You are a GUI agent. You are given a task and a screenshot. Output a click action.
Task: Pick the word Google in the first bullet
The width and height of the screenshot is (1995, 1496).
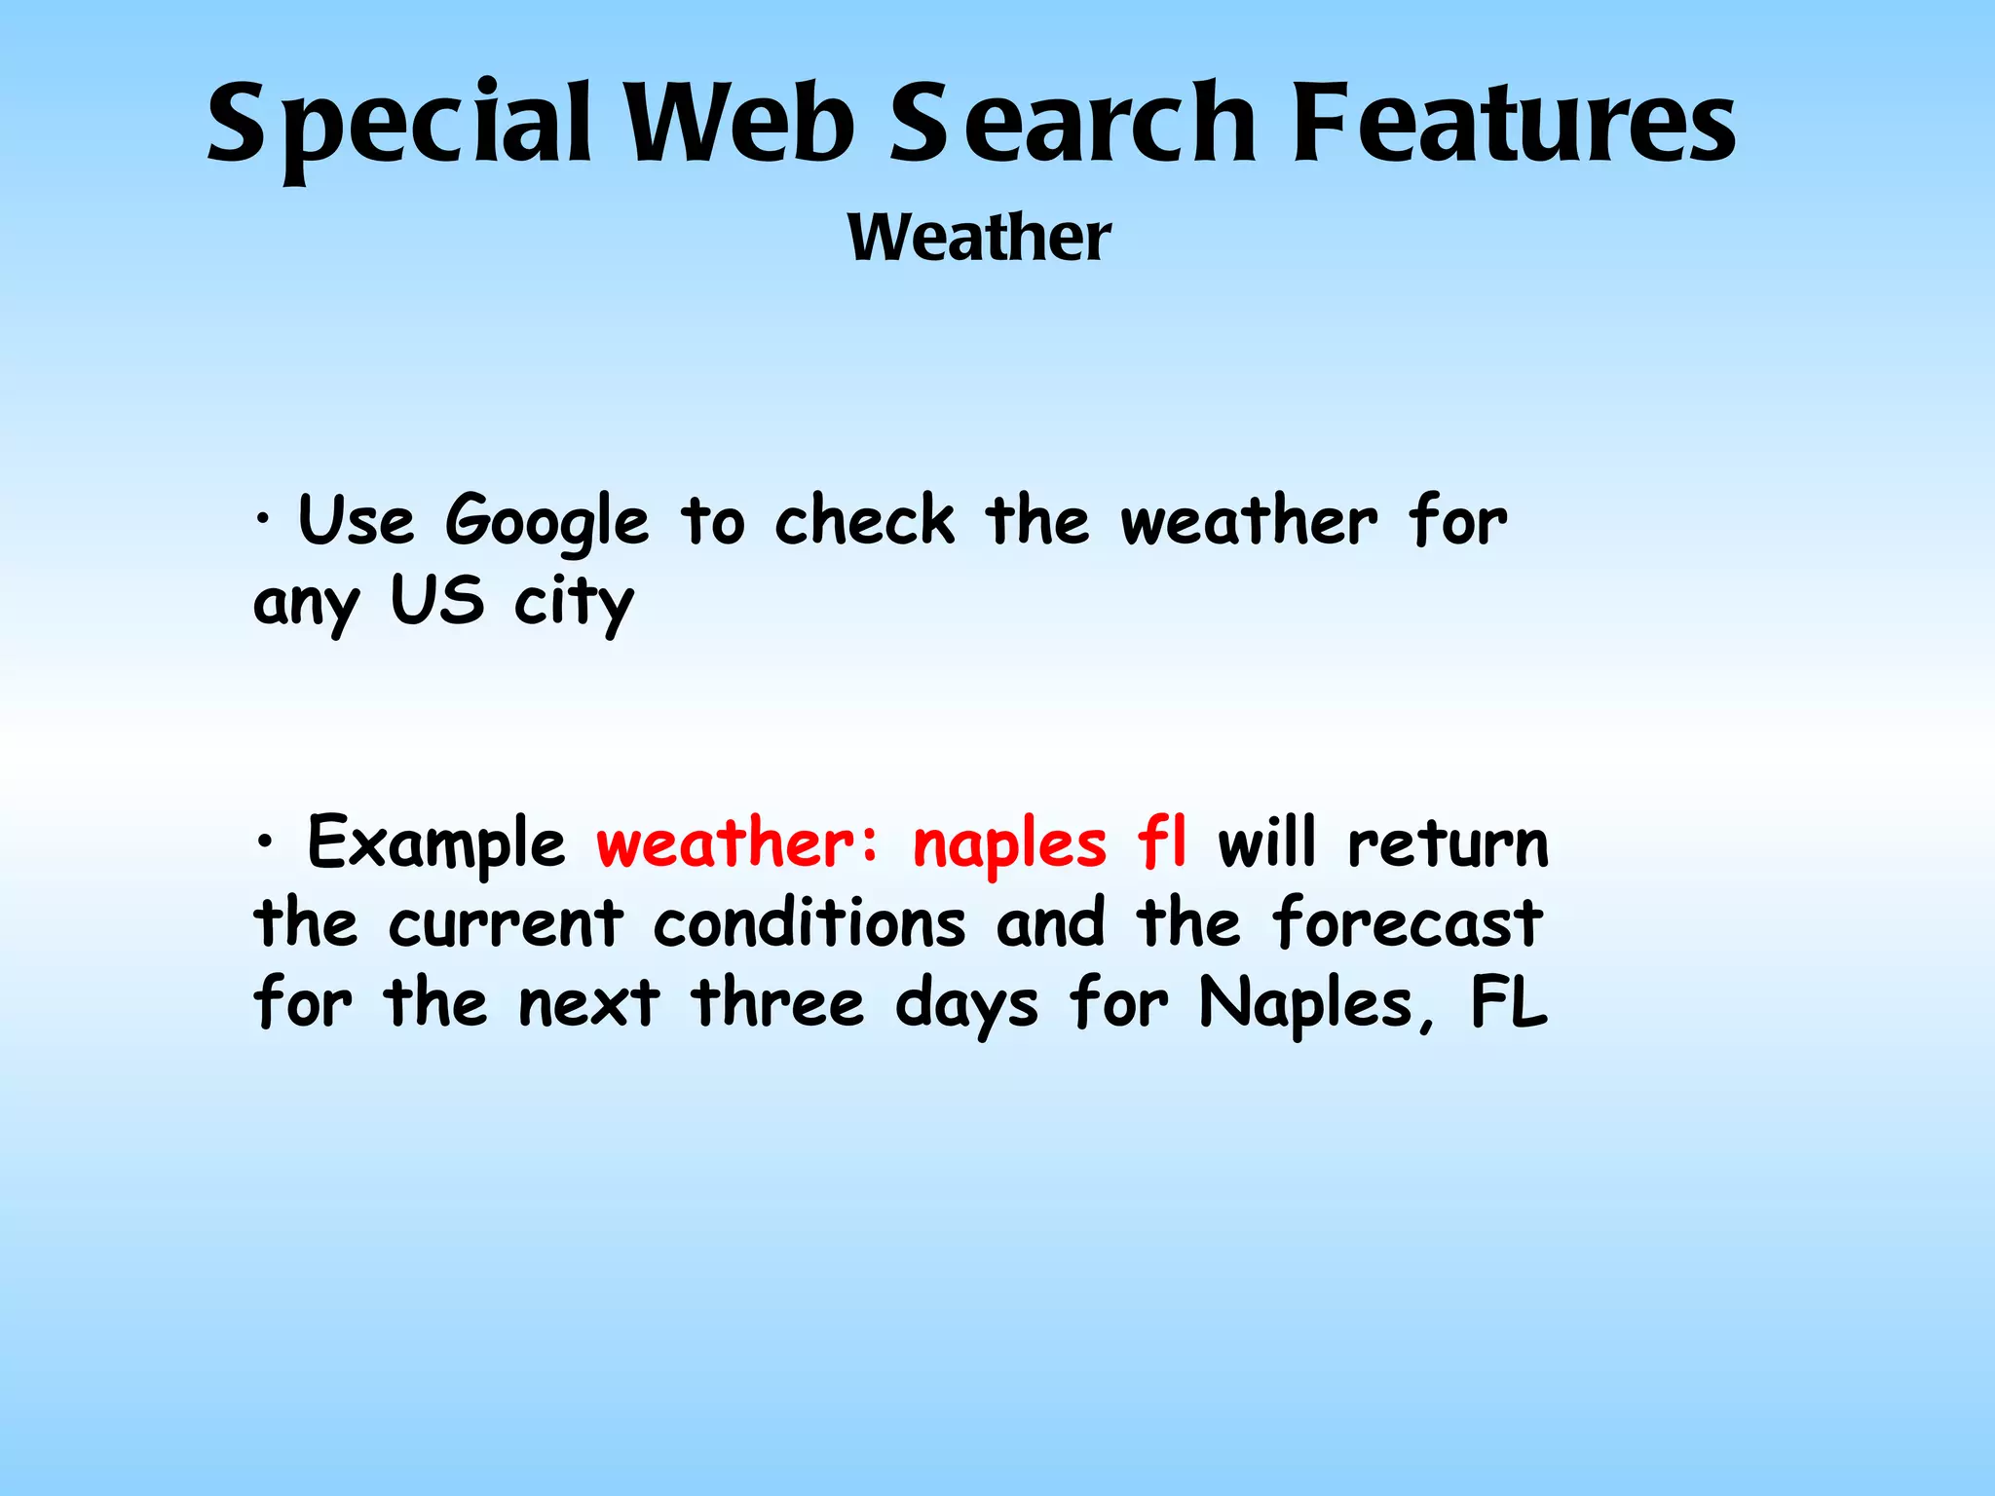(x=546, y=523)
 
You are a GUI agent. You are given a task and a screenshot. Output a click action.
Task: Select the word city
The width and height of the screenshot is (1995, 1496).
(x=574, y=604)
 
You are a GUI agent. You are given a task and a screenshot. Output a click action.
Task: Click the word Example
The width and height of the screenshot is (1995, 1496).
(x=436, y=844)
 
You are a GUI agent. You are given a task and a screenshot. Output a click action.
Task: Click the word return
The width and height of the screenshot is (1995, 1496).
(x=1448, y=843)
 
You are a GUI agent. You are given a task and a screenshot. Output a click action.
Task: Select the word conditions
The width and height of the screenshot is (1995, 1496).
(x=809, y=922)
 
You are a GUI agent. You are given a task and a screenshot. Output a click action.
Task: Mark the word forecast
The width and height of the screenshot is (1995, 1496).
(x=1408, y=922)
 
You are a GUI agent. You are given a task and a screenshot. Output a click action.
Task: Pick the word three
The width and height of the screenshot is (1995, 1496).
(x=777, y=1002)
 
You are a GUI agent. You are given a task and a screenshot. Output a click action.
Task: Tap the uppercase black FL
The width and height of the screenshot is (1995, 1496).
(x=1509, y=1002)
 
